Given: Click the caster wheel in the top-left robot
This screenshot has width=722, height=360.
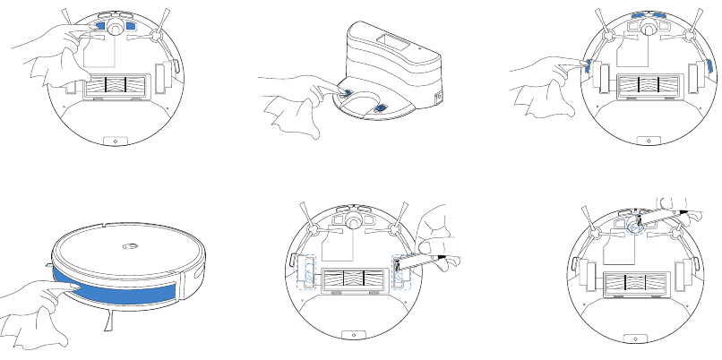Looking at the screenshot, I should tap(112, 27).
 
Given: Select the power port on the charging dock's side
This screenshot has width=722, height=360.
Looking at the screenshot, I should tap(438, 97).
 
